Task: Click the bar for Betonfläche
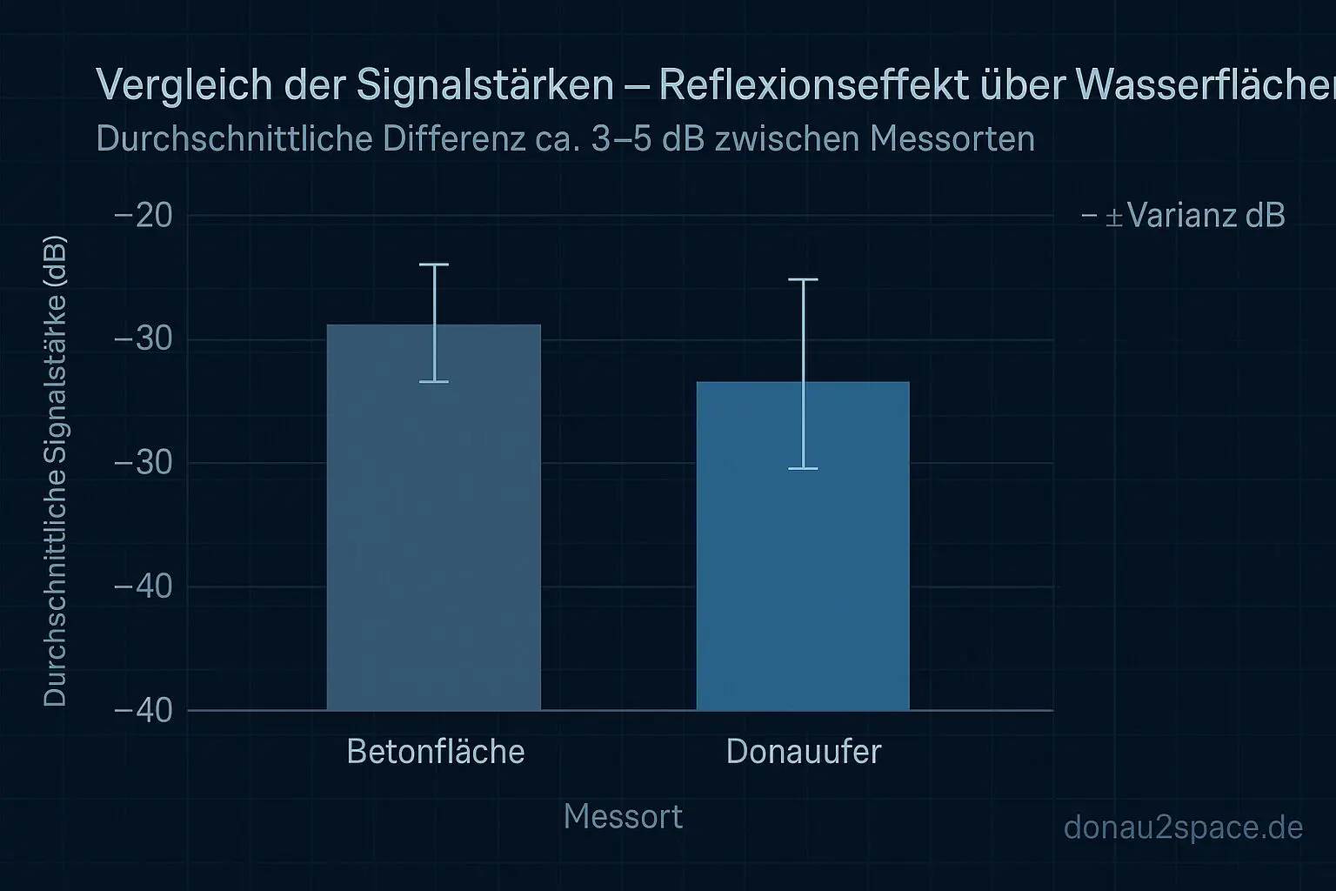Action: (x=433, y=539)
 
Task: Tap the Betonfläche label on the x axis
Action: (x=435, y=752)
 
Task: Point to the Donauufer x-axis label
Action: (x=803, y=752)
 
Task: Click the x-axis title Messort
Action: (x=623, y=817)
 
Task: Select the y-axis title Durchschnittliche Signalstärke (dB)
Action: (x=55, y=470)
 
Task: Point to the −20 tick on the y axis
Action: (x=144, y=215)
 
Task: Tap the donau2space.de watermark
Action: (x=1183, y=827)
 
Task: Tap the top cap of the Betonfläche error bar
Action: (x=434, y=265)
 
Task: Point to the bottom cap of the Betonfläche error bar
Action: (x=434, y=382)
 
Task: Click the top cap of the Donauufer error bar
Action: (x=803, y=280)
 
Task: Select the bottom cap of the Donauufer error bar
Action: (x=803, y=469)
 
